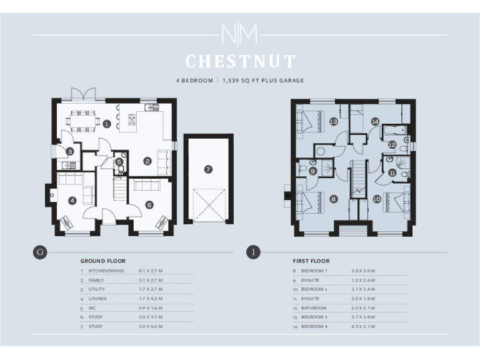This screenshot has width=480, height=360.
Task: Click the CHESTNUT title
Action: tap(240, 61)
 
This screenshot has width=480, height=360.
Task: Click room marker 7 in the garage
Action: tap(208, 169)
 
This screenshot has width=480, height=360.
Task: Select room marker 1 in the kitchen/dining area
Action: tap(107, 124)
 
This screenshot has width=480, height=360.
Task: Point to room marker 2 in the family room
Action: tap(147, 161)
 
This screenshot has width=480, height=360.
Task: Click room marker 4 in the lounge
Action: tap(72, 200)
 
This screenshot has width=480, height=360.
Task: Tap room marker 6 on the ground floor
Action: tap(149, 204)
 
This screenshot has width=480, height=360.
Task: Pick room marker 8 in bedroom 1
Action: tap(334, 199)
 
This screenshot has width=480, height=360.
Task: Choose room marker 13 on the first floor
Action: tap(334, 121)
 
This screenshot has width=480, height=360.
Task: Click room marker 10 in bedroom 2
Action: tap(377, 199)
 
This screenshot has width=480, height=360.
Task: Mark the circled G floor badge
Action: tap(40, 252)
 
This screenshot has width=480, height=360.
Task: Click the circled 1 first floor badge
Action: tap(253, 252)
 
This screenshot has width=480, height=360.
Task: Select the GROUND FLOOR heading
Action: tap(102, 261)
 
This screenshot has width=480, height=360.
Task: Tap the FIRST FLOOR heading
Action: tap(311, 261)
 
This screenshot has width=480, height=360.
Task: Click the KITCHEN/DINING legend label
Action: tap(106, 271)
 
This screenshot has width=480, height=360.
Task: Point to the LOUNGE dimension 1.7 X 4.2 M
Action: tap(151, 299)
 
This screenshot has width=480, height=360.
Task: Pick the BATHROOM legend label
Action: tap(314, 308)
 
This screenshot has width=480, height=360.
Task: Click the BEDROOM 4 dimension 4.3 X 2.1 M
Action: tap(363, 327)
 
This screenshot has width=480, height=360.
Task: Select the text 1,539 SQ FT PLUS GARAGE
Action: tap(263, 81)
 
